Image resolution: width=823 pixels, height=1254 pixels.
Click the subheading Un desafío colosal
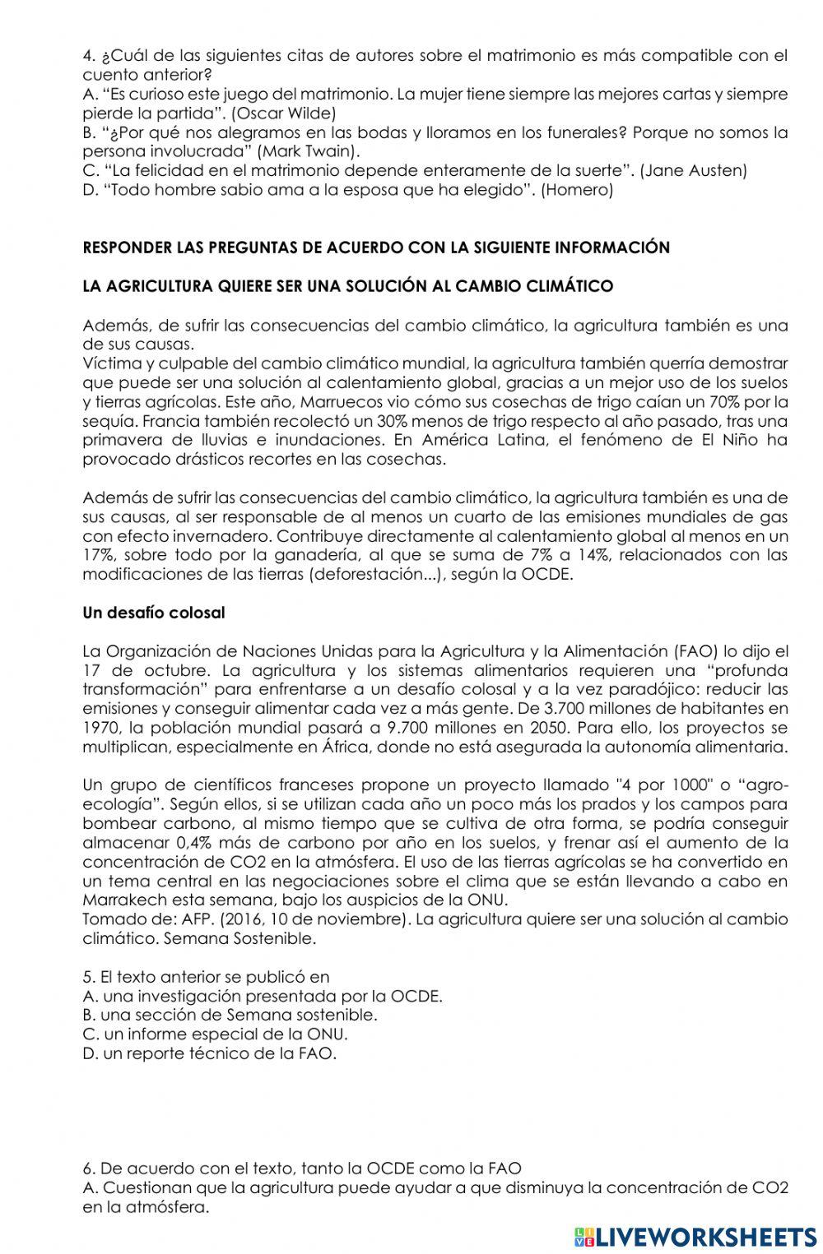(154, 613)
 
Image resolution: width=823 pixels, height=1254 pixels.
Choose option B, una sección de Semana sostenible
(230, 1016)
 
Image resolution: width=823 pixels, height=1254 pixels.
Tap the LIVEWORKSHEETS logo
(695, 1236)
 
